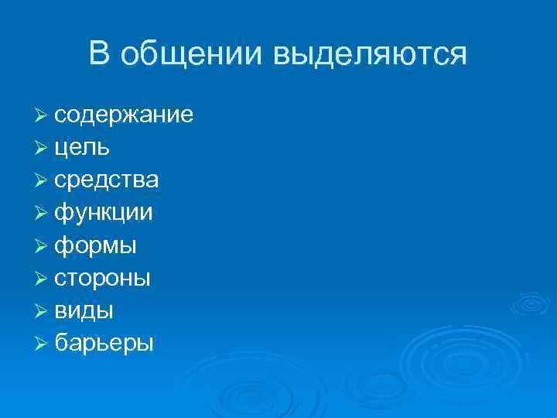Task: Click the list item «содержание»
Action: [x=124, y=115]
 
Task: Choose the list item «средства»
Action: [x=107, y=180]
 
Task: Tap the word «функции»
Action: [x=104, y=214]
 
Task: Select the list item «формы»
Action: [x=96, y=246]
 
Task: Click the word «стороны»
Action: [x=103, y=278]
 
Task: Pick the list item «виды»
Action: [x=84, y=311]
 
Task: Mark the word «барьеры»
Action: [x=104, y=343]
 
